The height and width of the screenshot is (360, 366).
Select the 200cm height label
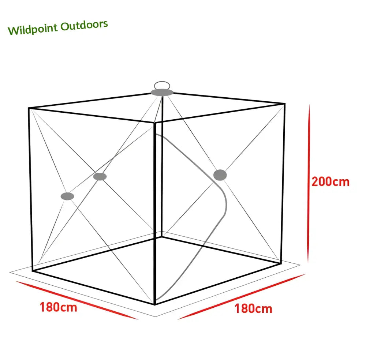[x=330, y=181]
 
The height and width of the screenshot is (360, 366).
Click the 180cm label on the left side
[x=59, y=307]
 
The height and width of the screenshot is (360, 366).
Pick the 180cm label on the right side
[x=253, y=308]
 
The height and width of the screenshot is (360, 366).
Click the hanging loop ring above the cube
[x=162, y=85]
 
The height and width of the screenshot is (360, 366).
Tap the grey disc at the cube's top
[x=162, y=92]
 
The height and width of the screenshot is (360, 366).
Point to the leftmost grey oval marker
[x=67, y=196]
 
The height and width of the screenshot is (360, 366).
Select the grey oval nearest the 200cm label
[x=220, y=175]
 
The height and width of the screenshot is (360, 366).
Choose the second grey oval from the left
[x=100, y=176]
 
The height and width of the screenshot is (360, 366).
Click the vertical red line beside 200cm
[x=309, y=183]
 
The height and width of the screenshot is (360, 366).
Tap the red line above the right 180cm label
[x=242, y=296]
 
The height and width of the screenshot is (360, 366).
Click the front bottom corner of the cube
[x=155, y=304]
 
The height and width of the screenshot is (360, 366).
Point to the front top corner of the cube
[x=155, y=122]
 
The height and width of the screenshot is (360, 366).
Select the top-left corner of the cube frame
[x=29, y=108]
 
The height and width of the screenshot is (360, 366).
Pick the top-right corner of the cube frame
[x=284, y=104]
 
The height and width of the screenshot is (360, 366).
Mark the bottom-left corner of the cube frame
[x=33, y=271]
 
